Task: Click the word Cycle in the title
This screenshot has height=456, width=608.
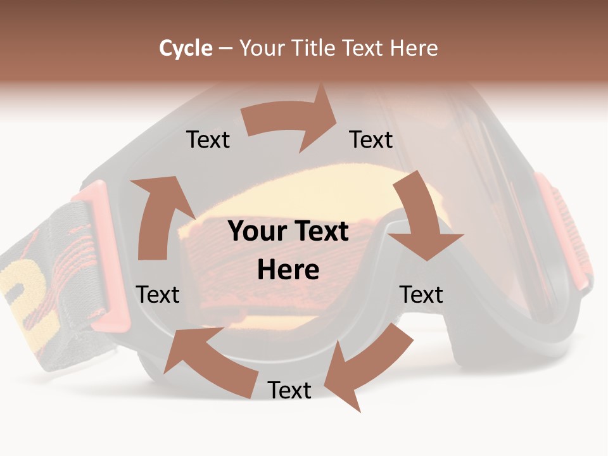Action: click(186, 48)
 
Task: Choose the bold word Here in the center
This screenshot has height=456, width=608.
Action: click(288, 270)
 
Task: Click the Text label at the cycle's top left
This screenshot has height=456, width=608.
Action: click(208, 139)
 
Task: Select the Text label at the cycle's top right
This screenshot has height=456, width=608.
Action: click(371, 139)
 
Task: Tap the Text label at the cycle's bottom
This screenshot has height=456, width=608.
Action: click(289, 390)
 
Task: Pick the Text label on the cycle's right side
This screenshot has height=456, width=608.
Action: click(421, 294)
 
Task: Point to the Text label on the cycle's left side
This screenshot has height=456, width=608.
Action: click(158, 294)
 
